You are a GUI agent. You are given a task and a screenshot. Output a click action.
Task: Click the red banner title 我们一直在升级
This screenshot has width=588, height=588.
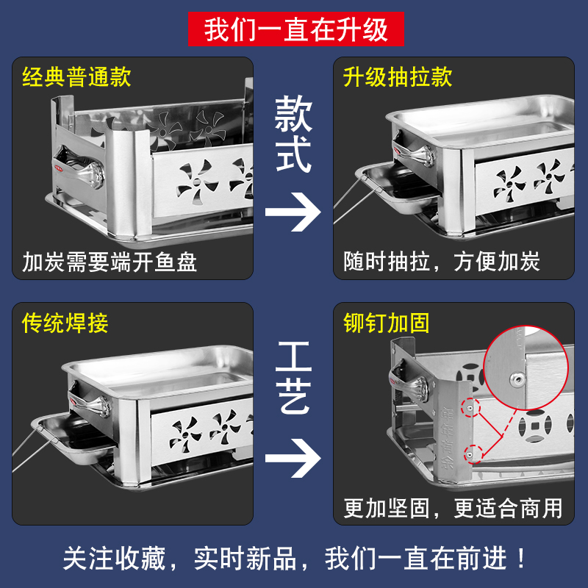coord(296,29)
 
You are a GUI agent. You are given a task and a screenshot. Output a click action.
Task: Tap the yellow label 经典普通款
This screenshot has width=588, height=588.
coord(76,77)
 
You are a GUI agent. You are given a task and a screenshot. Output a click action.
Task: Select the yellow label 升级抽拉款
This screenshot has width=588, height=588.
coord(398,77)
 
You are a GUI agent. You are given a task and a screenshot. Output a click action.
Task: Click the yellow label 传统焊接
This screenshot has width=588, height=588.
coord(65,323)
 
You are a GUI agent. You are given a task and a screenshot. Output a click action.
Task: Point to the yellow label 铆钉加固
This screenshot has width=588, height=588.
coord(387,323)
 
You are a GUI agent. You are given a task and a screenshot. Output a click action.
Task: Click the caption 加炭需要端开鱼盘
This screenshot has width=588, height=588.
coord(110,262)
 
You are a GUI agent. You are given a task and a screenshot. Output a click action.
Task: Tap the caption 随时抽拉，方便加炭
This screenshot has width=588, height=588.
coord(442,262)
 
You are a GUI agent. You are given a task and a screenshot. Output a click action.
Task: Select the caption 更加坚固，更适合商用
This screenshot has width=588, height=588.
coord(453,508)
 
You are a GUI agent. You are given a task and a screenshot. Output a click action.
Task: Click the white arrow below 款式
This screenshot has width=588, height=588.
coord(293,212)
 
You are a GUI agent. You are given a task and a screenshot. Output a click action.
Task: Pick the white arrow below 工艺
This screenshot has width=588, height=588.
coord(293,458)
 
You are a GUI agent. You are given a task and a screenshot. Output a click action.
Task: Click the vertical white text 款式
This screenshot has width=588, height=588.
coord(293,134)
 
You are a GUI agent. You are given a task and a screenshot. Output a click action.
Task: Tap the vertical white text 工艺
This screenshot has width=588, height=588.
coord(293,378)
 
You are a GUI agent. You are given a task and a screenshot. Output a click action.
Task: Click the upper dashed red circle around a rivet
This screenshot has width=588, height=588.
coord(470,407)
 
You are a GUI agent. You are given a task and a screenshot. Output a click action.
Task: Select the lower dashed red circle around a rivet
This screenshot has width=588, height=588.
coord(473,453)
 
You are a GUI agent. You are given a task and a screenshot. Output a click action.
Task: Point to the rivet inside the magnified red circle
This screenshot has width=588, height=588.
coord(518,380)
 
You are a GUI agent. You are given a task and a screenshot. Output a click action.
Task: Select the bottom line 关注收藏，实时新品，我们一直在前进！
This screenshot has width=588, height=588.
coord(295,559)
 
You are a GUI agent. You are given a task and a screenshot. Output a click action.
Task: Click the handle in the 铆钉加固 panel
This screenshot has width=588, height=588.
coord(409,381)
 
